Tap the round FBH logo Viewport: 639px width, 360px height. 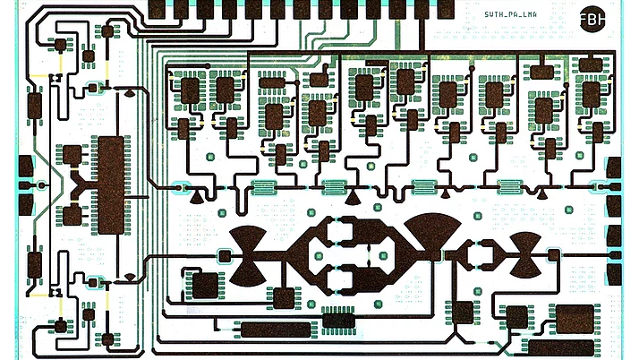[x=592, y=21]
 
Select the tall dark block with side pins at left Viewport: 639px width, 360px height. [x=110, y=184]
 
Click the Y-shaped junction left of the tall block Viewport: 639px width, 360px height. [x=81, y=186]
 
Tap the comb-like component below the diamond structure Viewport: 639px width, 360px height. [x=338, y=316]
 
